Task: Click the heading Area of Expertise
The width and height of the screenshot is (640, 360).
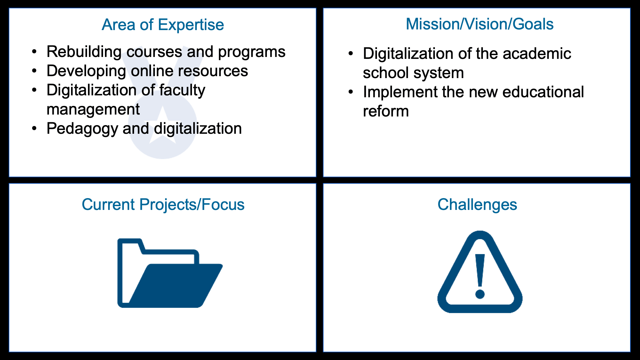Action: pyautogui.click(x=163, y=25)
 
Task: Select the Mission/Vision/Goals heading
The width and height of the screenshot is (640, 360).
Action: pyautogui.click(x=479, y=24)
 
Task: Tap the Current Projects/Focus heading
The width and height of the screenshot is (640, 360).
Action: pyautogui.click(x=163, y=205)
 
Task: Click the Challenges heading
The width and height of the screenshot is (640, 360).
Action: pyautogui.click(x=477, y=205)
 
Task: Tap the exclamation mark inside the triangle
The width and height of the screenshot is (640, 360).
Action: pyautogui.click(x=480, y=276)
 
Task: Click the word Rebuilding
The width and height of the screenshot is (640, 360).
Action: pyautogui.click(x=84, y=52)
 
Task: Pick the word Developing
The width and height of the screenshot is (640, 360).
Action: pyautogui.click(x=86, y=71)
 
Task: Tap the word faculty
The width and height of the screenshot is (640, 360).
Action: pyautogui.click(x=182, y=91)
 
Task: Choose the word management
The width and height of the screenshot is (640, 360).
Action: pyautogui.click(x=93, y=110)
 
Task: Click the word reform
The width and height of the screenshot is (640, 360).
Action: pyautogui.click(x=386, y=111)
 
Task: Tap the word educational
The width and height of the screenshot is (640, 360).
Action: pyautogui.click(x=543, y=92)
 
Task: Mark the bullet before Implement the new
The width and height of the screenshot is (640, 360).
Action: pyautogui.click(x=351, y=92)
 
